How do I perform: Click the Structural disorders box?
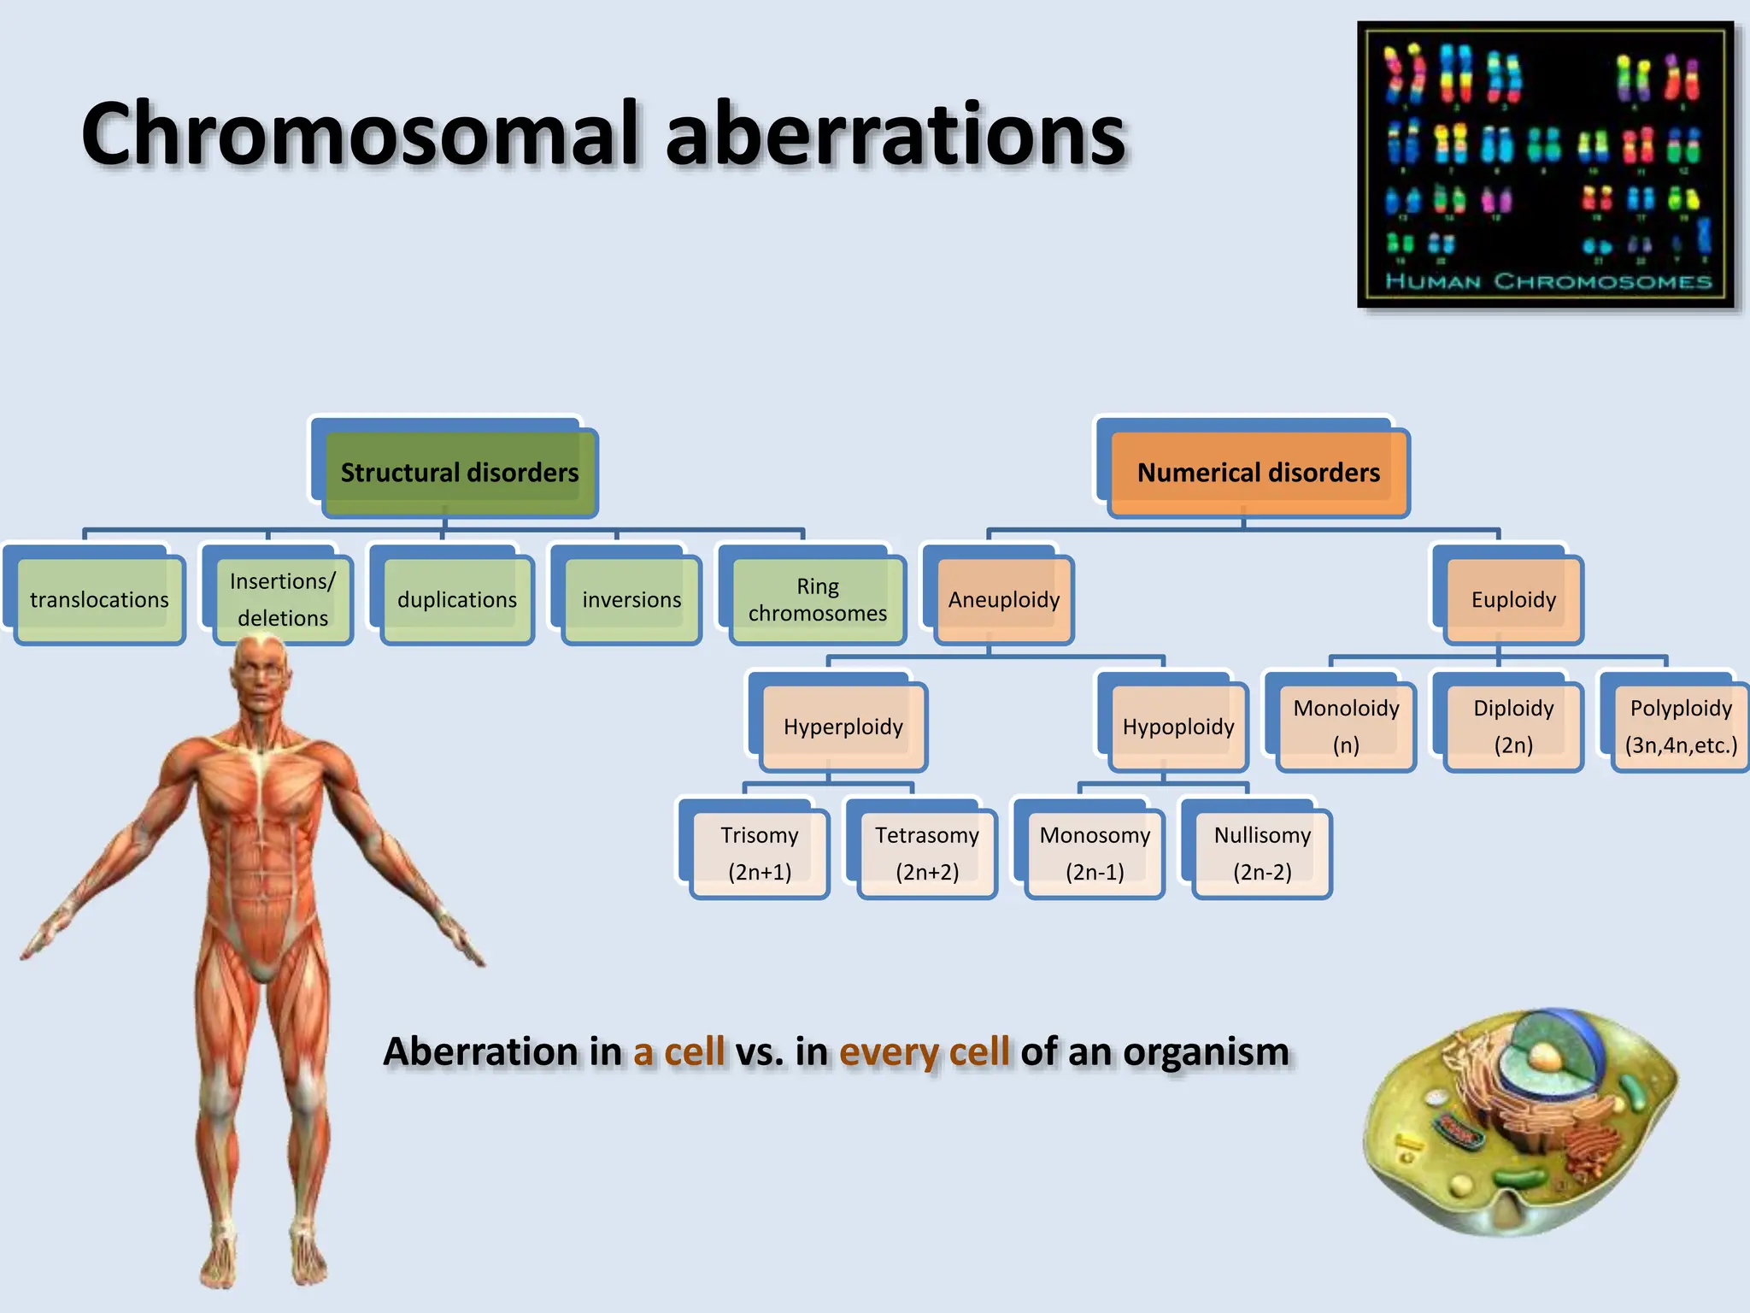460,473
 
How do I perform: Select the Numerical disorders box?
1258,473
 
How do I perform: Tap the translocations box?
99,599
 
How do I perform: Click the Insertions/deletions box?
283,599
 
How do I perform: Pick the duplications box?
457,599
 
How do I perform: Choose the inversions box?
631,599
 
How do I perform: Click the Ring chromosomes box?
818,599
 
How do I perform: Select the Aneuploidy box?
1003,599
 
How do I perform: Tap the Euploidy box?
1513,599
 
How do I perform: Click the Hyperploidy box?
843,727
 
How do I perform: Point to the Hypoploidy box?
1177,727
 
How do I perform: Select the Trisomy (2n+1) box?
759,853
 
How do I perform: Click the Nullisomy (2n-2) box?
1262,853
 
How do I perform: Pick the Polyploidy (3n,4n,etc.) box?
1680,727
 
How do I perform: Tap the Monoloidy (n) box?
1346,727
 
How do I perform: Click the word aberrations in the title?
895,134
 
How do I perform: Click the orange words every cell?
924,1051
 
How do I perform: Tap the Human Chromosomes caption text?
1547,281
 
